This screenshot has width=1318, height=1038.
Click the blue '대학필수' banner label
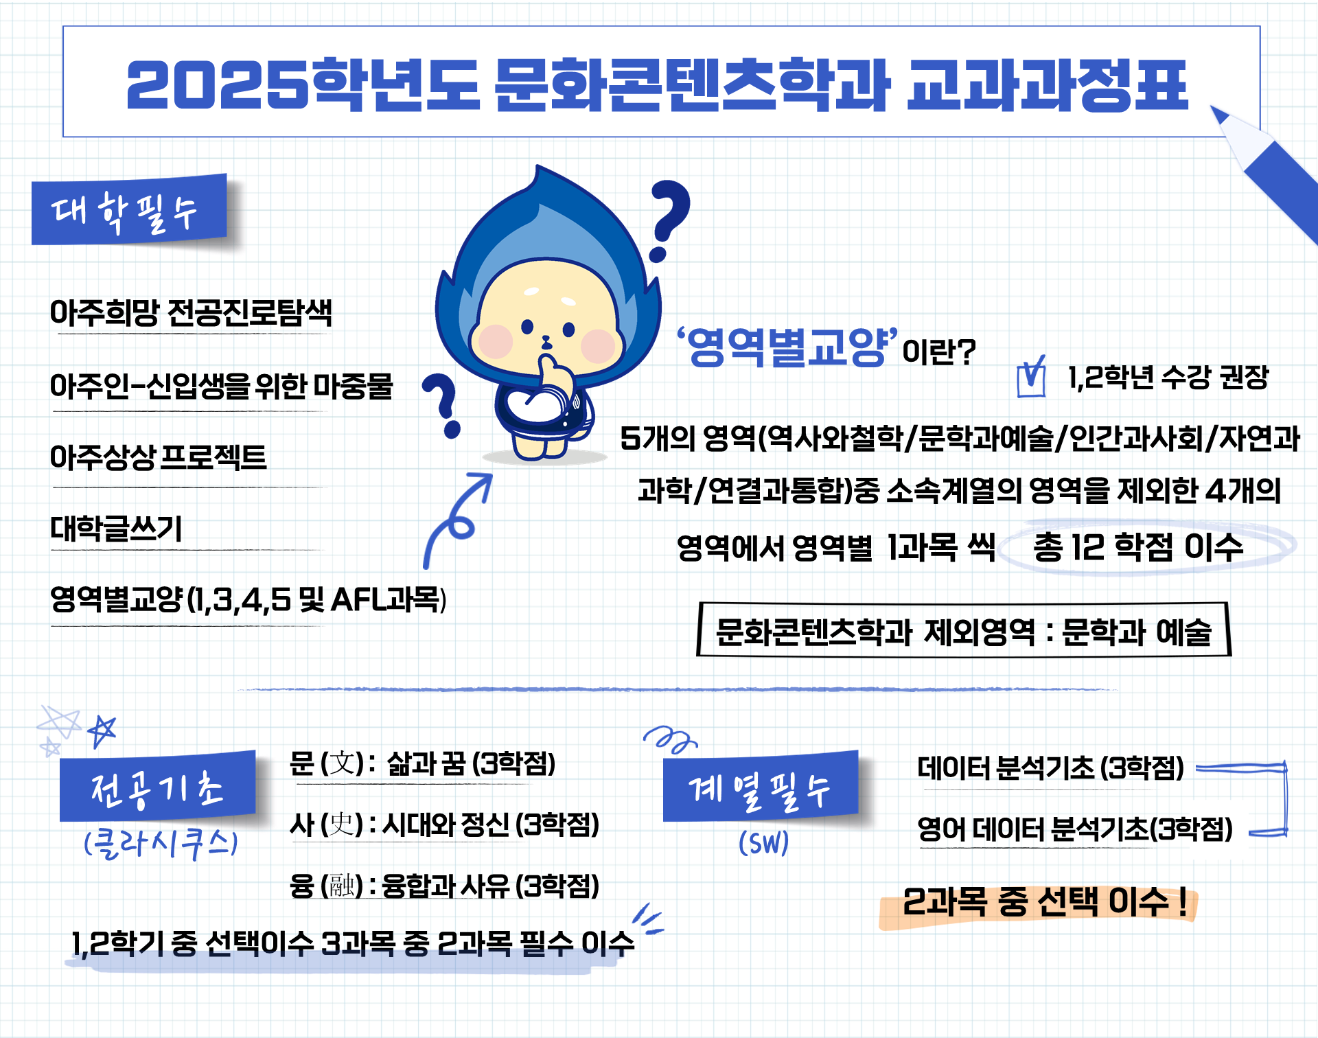coord(129,210)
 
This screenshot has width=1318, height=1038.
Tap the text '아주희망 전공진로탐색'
coord(191,313)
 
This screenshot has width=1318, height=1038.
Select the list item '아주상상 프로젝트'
coord(159,457)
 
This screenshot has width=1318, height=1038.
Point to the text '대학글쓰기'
coord(116,529)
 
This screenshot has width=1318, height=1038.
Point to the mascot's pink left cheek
coord(495,341)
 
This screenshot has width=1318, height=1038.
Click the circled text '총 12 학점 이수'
coord(1138,547)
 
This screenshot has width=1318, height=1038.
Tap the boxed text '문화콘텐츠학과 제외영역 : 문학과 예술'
coord(964,630)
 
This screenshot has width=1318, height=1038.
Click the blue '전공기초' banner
coord(158,787)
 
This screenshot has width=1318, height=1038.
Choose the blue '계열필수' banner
coord(761,787)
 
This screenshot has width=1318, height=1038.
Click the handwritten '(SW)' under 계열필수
coord(763,843)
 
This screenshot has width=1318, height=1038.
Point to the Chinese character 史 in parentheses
coord(341,824)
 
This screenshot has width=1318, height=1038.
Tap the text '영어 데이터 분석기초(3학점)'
coord(1075,829)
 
